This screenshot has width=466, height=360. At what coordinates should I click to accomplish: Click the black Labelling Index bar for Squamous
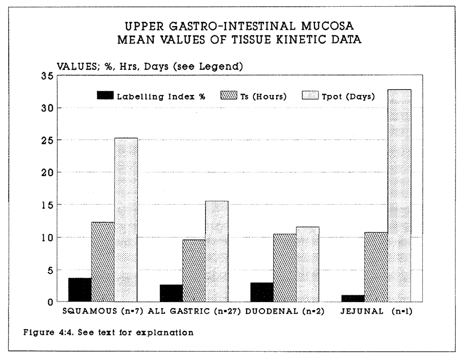tap(80, 290)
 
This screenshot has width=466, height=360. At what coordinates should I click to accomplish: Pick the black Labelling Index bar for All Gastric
tap(171, 293)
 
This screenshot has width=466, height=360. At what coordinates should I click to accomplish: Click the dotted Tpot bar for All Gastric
tap(217, 251)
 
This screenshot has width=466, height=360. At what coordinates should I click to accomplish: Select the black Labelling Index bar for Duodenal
tap(262, 292)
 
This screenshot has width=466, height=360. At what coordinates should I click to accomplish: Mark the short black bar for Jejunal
tap(353, 298)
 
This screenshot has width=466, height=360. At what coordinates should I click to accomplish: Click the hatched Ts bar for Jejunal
tap(376, 267)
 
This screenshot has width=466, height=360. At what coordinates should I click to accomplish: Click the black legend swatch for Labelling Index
tap(105, 96)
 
